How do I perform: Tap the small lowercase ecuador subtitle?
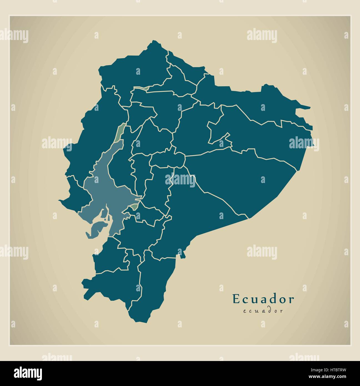263,311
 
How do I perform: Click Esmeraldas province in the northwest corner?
133,67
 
